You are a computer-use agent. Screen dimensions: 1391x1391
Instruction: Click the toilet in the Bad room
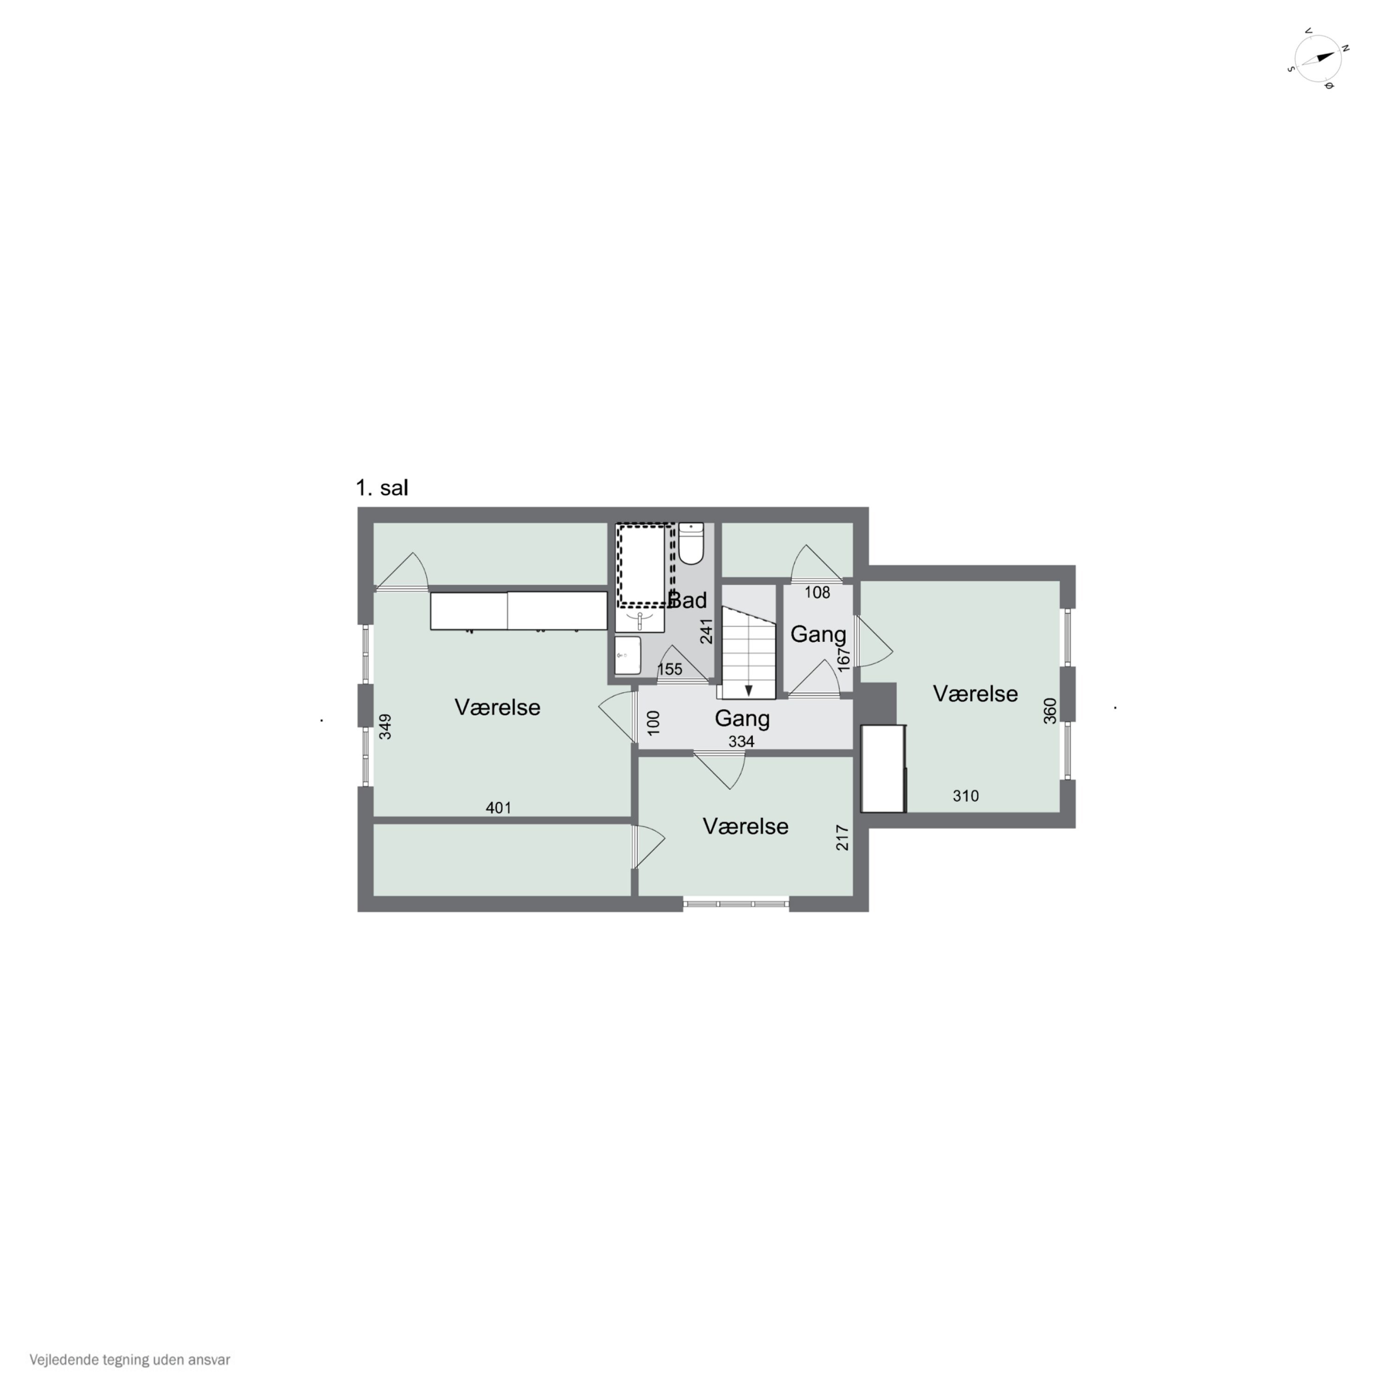click(x=690, y=543)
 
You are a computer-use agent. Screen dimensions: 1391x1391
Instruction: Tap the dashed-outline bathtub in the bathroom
click(x=644, y=565)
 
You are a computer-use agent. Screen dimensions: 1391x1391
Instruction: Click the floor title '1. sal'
click(x=382, y=488)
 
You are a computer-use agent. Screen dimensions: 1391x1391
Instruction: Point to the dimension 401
click(x=498, y=808)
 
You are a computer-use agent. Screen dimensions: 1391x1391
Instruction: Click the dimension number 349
click(x=385, y=727)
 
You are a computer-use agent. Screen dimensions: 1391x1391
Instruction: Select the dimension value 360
click(x=1050, y=711)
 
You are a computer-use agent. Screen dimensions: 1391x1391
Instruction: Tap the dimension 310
click(x=965, y=796)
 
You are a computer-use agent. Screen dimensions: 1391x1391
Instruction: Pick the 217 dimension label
click(x=842, y=838)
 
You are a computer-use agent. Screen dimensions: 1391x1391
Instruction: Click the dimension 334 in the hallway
click(x=741, y=741)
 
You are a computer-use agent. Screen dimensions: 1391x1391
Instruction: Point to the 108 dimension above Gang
click(x=817, y=593)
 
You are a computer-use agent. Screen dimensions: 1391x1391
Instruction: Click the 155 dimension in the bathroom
click(x=670, y=669)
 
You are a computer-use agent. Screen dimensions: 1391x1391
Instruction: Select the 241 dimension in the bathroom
click(x=706, y=632)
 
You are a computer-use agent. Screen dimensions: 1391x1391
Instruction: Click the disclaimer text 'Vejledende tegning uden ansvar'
click(x=130, y=1360)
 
